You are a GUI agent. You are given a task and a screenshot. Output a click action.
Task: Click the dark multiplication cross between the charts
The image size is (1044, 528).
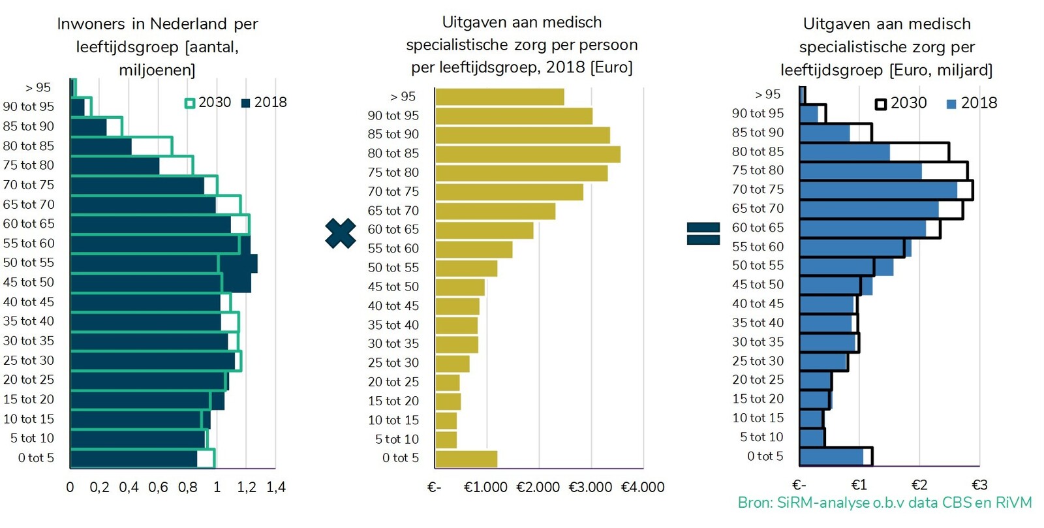340,234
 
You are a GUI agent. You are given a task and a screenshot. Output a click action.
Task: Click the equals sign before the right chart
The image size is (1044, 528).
703,234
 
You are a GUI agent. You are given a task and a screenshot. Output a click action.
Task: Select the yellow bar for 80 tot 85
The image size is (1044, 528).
527,154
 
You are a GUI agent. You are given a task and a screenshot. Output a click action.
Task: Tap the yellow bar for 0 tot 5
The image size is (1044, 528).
466,458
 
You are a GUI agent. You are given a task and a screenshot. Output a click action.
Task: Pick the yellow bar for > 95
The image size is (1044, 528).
499,97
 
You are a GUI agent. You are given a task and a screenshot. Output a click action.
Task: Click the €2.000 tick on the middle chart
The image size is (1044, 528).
538,488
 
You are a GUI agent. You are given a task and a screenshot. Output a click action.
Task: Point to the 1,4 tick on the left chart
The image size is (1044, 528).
276,488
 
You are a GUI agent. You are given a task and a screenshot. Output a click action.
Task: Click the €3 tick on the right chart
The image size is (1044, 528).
979,485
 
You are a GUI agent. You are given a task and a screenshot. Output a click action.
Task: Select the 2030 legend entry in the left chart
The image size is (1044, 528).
208,102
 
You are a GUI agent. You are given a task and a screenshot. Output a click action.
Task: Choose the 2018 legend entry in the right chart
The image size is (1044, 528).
972,103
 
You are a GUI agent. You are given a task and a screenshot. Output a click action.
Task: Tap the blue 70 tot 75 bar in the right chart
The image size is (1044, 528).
878,190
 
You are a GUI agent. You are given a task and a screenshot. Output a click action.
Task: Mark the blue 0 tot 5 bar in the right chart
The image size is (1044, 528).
831,457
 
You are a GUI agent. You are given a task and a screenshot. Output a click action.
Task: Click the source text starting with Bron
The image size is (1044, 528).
884,503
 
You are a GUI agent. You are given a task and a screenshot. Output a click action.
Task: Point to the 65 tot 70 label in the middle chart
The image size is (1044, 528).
393,211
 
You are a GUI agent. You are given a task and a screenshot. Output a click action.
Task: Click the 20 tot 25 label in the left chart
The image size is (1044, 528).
29,380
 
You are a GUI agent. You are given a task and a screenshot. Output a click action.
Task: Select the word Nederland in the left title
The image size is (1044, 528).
188,24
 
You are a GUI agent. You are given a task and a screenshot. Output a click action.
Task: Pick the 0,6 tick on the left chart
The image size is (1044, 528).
158,488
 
